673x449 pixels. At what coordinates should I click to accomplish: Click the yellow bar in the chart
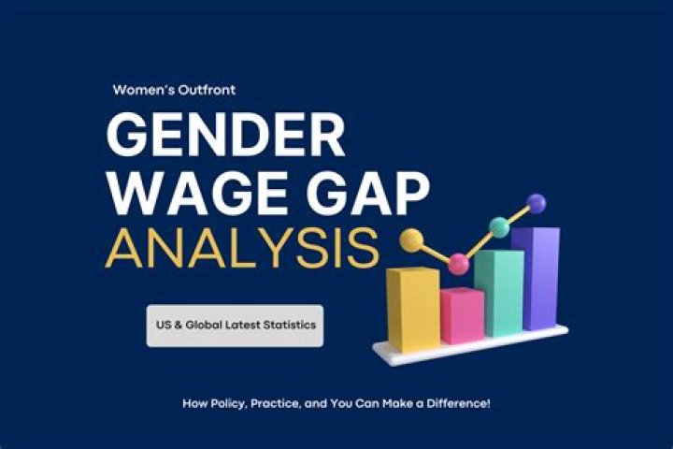click(x=413, y=309)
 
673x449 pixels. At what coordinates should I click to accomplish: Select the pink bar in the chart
click(x=462, y=316)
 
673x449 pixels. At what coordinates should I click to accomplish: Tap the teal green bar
click(x=497, y=292)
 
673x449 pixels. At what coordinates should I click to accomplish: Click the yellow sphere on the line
click(x=410, y=240)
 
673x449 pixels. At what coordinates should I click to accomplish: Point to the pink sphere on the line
click(x=458, y=264)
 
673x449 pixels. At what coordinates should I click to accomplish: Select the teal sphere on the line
click(x=499, y=225)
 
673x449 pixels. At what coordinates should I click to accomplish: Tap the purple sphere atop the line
click(x=537, y=201)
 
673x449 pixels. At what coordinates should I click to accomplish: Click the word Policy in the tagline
click(x=224, y=402)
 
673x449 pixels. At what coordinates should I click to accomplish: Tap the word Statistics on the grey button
click(x=285, y=325)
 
